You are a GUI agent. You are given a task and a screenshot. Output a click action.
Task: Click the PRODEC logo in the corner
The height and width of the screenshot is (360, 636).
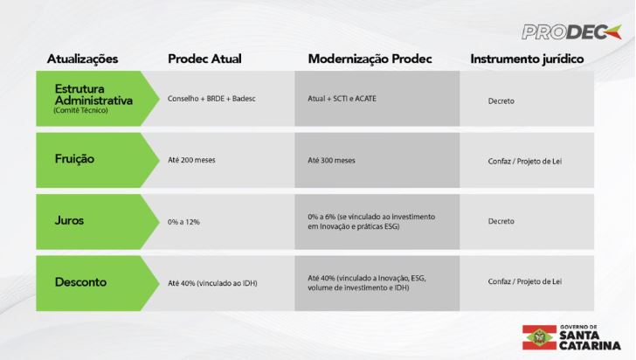pyautogui.click(x=571, y=32)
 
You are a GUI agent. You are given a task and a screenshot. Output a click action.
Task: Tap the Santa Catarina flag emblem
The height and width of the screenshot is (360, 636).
pyautogui.click(x=539, y=337)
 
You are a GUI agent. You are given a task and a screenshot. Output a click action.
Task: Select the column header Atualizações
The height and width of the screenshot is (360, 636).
pyautogui.click(x=82, y=59)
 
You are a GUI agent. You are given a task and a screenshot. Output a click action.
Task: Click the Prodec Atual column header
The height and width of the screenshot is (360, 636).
pyautogui.click(x=204, y=59)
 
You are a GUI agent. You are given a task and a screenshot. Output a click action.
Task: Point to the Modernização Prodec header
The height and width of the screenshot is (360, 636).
pyautogui.click(x=370, y=59)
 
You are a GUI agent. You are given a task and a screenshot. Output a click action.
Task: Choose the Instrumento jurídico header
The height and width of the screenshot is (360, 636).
pyautogui.click(x=527, y=59)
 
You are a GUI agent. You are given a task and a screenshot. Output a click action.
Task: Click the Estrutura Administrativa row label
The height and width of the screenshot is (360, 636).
pyautogui.click(x=93, y=94)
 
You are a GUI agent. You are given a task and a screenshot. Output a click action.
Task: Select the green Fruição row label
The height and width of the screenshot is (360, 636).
pyautogui.click(x=74, y=159)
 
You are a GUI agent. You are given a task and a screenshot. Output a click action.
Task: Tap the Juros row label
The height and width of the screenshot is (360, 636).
pyautogui.click(x=69, y=220)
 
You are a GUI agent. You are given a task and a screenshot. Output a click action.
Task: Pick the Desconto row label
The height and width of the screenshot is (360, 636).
pyautogui.click(x=80, y=282)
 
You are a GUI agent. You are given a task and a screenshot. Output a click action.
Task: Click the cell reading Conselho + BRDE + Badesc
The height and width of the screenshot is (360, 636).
pyautogui.click(x=211, y=99)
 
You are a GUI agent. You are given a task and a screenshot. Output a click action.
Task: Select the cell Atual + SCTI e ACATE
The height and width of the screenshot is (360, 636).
pyautogui.click(x=342, y=99)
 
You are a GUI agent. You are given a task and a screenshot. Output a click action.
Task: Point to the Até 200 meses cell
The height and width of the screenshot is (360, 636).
pyautogui.click(x=191, y=160)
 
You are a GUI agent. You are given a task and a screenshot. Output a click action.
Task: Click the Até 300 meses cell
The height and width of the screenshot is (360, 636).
pyautogui.click(x=331, y=160)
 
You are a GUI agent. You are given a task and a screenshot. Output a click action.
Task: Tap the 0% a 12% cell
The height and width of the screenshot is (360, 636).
pyautogui.click(x=183, y=222)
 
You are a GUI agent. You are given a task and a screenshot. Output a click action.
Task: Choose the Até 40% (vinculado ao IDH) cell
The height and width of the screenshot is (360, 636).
pyautogui.click(x=212, y=283)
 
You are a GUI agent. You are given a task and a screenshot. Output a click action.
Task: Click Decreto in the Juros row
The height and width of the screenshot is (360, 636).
pyautogui.click(x=501, y=221)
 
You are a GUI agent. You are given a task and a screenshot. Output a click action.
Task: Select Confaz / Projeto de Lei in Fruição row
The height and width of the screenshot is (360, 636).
pyautogui.click(x=525, y=161)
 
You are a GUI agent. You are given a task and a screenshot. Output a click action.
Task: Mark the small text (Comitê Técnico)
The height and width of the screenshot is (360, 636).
pyautogui.click(x=80, y=110)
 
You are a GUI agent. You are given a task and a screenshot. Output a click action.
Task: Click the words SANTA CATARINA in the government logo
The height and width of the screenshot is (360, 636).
pyautogui.click(x=590, y=341)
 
